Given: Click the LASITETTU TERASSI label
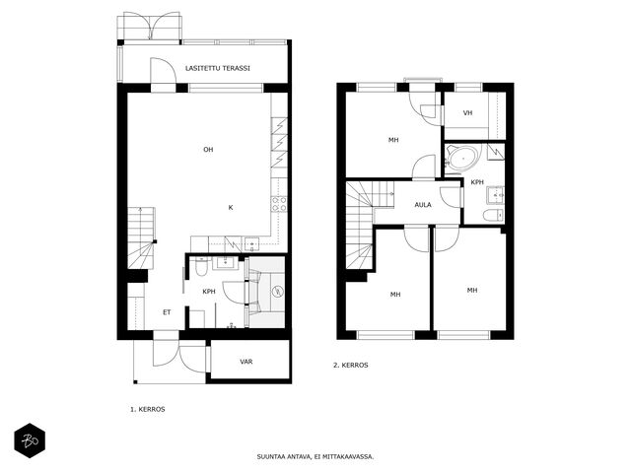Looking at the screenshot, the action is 218,68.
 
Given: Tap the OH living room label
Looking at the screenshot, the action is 208,150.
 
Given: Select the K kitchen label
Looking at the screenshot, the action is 231,208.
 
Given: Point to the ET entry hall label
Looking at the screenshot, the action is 167,312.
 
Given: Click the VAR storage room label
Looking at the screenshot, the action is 246,362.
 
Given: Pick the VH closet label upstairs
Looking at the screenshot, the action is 467,113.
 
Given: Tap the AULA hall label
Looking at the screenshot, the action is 423,205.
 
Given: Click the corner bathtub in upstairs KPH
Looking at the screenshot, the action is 462,158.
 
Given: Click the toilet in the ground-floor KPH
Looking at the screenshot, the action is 200,267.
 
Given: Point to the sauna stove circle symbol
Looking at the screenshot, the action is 277,292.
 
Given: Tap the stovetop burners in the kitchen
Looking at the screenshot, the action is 279,204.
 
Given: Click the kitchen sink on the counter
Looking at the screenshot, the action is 252,244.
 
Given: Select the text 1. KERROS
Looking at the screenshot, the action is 148,410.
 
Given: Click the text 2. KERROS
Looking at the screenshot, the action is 351,366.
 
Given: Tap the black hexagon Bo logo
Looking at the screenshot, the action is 30,440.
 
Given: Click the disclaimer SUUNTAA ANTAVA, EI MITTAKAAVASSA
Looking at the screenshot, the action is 315,456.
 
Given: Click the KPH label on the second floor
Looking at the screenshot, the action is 477,182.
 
